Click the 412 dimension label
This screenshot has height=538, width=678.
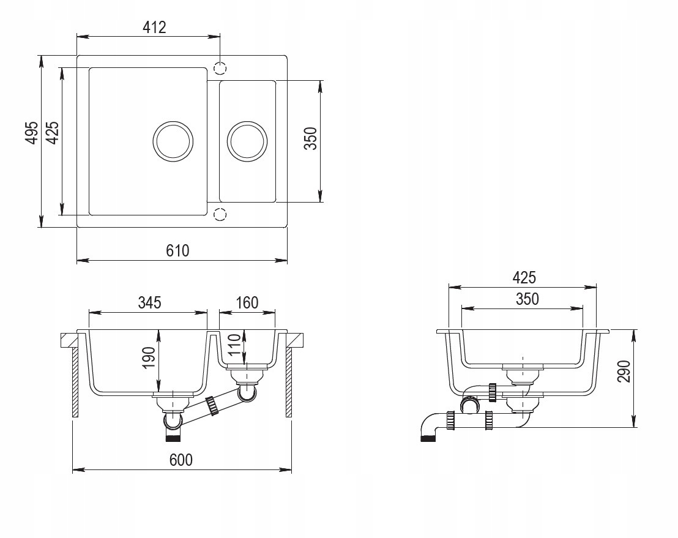[154, 28]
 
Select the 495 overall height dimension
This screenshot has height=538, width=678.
[32, 133]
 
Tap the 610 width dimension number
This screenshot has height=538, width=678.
[177, 250]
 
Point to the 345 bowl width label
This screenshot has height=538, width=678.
[149, 302]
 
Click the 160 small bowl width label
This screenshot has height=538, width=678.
[247, 302]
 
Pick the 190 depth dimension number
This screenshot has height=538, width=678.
[149, 357]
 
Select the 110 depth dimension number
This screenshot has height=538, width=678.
[234, 345]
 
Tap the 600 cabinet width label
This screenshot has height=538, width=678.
[181, 460]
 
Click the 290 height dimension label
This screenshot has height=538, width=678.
[624, 371]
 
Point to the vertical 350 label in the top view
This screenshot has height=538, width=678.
[310, 138]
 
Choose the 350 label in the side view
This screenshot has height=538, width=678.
[527, 299]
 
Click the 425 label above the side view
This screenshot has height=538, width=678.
[524, 277]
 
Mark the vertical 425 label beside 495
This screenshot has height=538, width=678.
[53, 133]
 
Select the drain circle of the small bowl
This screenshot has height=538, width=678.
[247, 141]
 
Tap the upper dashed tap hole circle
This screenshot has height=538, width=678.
[220, 68]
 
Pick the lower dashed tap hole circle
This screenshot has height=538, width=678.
[220, 214]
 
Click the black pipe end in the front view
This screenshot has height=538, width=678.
[173, 438]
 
